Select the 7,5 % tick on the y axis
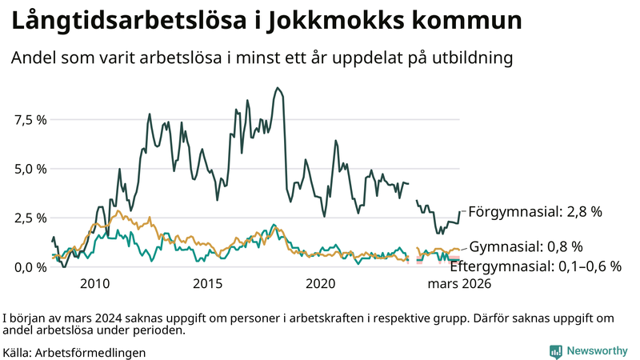pyautogui.click(x=30, y=120)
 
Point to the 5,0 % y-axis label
pyautogui.click(x=30, y=169)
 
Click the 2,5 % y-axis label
pyautogui.click(x=30, y=218)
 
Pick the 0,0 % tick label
pyautogui.click(x=30, y=266)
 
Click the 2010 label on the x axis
pyautogui.click(x=94, y=283)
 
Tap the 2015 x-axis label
pyautogui.click(x=207, y=283)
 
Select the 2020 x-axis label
pyautogui.click(x=321, y=283)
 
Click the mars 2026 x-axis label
pyautogui.click(x=460, y=283)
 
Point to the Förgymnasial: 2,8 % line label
pyautogui.click(x=534, y=212)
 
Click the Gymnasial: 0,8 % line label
pyautogui.click(x=526, y=246)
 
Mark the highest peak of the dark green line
pyautogui.click(x=277, y=88)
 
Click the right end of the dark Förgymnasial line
pyautogui.click(x=460, y=212)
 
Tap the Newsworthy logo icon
pyautogui.click(x=555, y=350)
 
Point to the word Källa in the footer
pyautogui.click(x=18, y=352)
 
